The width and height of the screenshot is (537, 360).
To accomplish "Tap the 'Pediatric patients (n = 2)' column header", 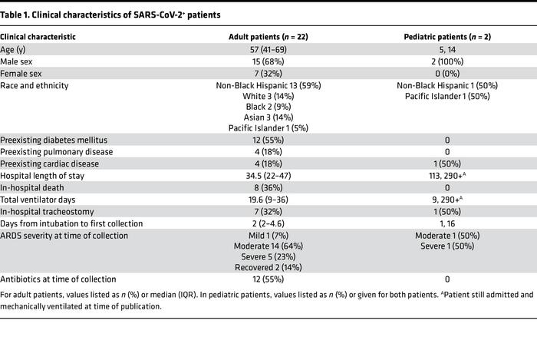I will pyautogui.click(x=446, y=37).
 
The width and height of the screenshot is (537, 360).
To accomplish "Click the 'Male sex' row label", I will pyautogui.click(x=17, y=62).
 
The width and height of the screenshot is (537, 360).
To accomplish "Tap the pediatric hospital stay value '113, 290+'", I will pyautogui.click(x=446, y=177).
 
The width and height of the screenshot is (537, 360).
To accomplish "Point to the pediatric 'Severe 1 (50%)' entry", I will pyautogui.click(x=446, y=246).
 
